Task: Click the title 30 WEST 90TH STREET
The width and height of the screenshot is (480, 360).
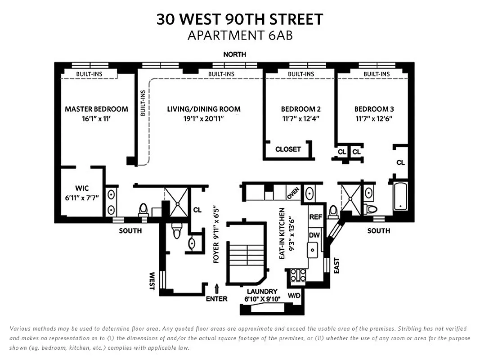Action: (240, 19)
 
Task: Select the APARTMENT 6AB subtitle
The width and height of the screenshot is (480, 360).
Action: (240, 36)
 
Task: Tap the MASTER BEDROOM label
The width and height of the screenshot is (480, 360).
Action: (96, 109)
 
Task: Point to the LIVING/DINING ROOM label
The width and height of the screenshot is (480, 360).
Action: (204, 109)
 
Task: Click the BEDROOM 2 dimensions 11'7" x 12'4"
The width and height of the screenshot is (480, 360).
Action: (301, 119)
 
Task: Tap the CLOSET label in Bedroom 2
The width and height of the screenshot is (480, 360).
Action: (288, 149)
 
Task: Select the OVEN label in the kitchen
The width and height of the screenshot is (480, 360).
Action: (293, 193)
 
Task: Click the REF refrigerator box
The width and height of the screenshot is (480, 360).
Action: (315, 217)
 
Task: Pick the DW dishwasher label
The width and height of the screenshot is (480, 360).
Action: (314, 234)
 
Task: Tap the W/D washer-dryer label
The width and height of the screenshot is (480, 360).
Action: (294, 296)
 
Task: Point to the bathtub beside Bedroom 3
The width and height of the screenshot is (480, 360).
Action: (400, 197)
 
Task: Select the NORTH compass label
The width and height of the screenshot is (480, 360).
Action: (235, 54)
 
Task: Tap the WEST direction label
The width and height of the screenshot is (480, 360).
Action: (152, 280)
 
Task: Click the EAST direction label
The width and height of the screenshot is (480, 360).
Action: (336, 265)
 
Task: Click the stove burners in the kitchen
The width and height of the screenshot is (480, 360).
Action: (297, 275)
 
